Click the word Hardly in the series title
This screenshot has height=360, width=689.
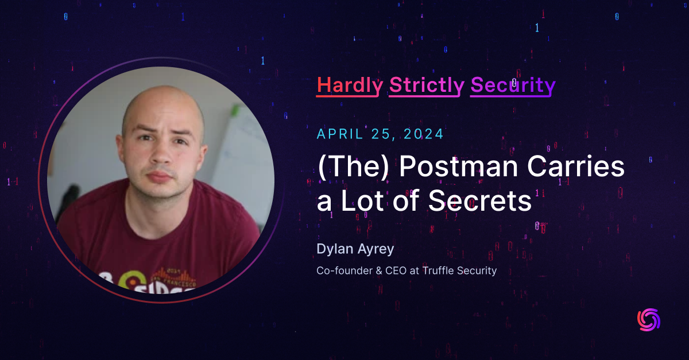pos(350,85)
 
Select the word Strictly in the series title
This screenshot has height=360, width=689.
pos(427,85)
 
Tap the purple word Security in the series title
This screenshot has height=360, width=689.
pos(513,85)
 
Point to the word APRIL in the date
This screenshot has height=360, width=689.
pos(340,134)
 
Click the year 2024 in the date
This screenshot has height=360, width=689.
pos(422,134)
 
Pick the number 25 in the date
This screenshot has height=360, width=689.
pos(382,134)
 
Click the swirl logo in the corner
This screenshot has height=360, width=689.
pos(649,320)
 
